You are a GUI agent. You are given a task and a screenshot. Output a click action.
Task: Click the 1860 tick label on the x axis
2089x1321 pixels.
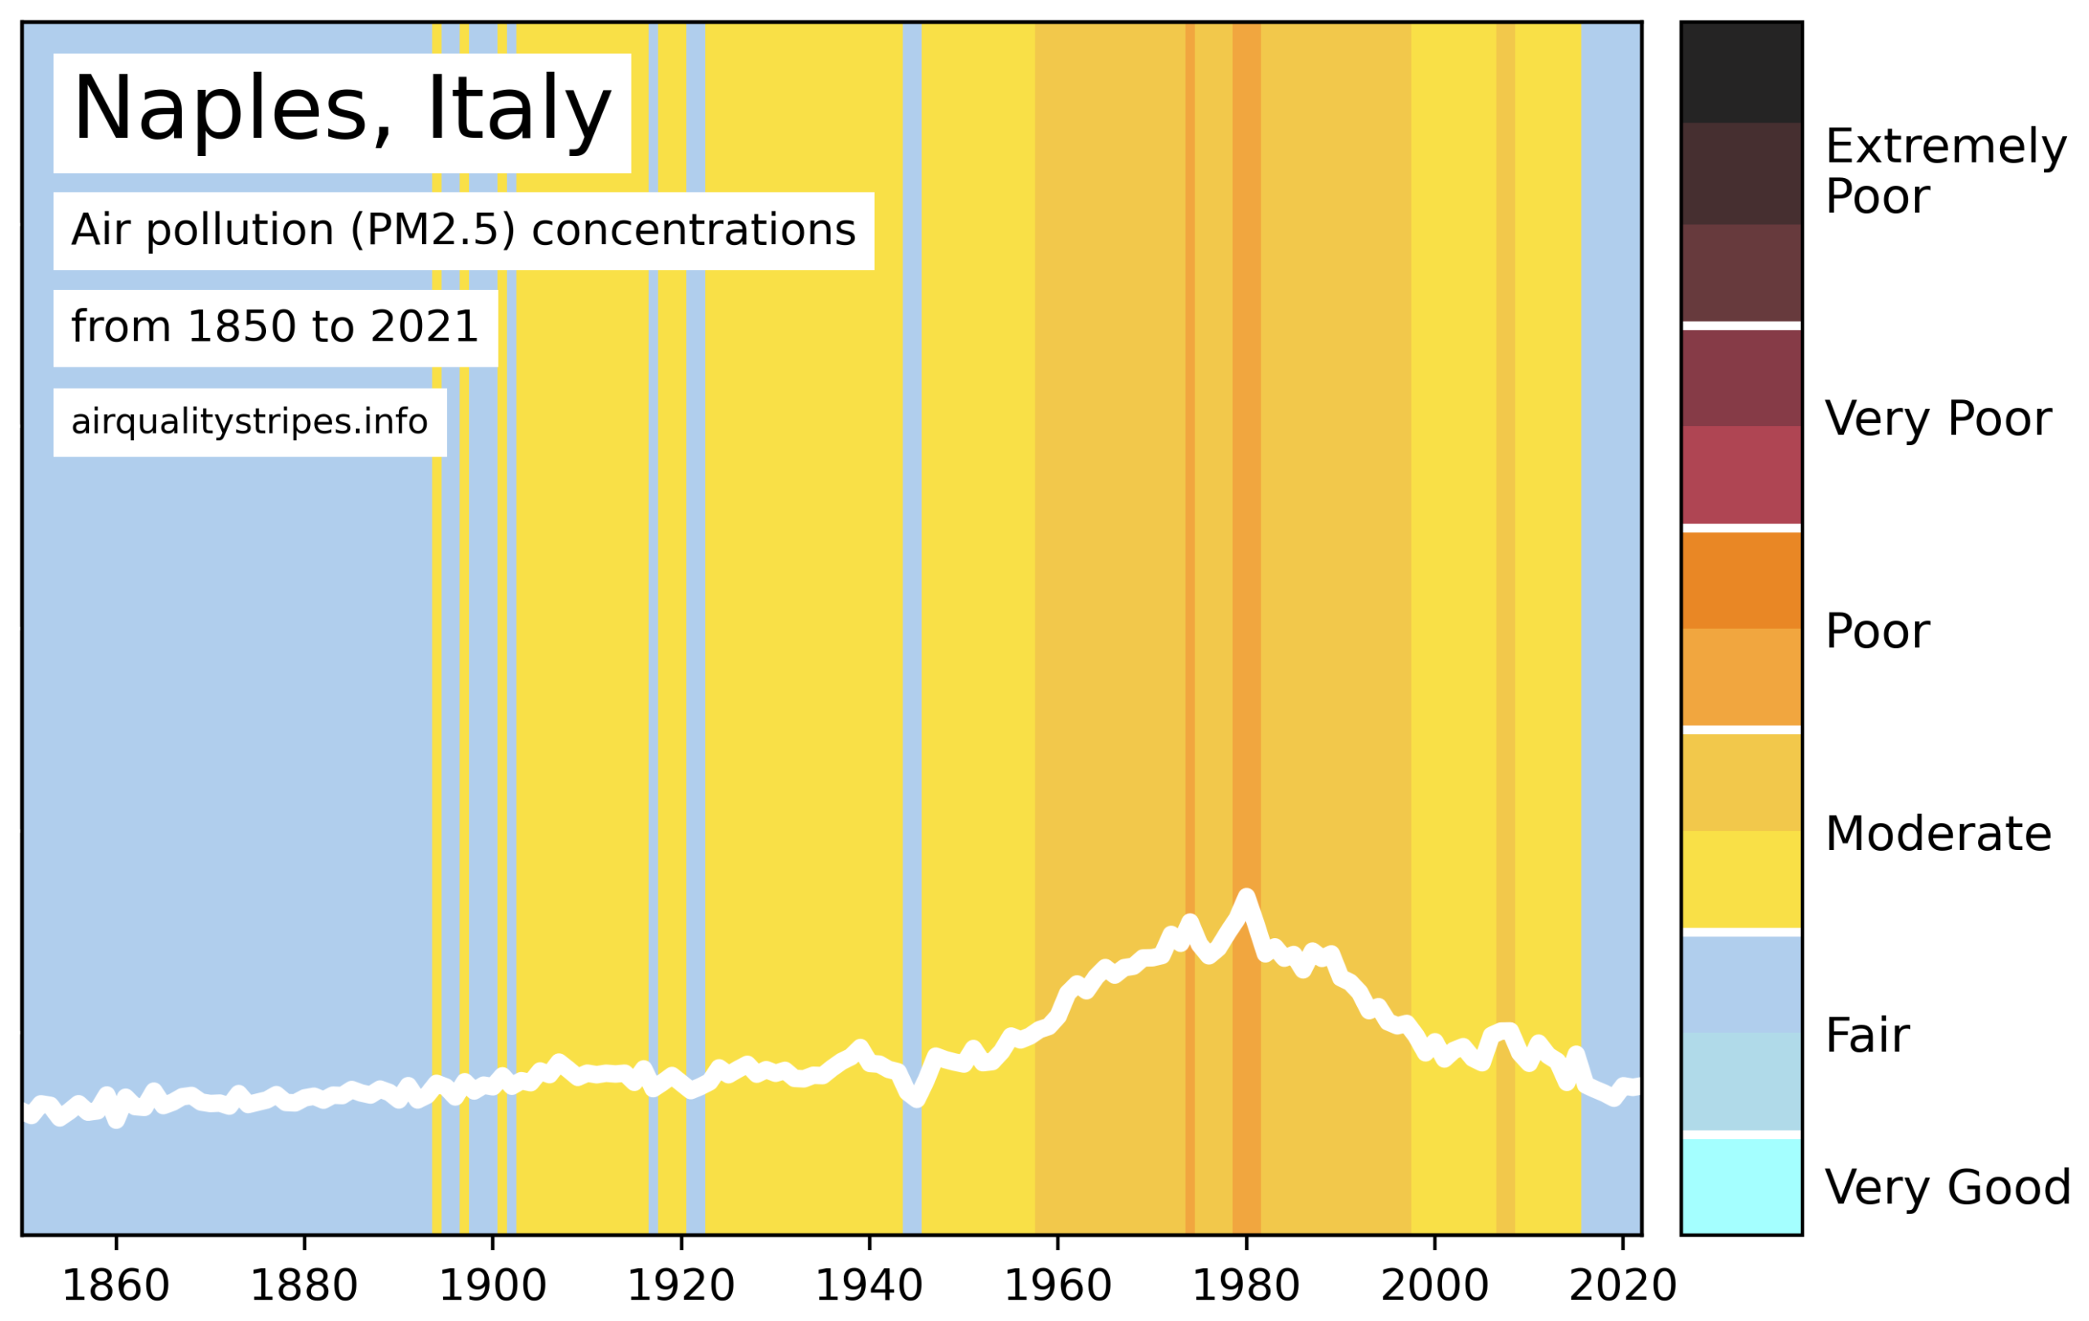point(115,1285)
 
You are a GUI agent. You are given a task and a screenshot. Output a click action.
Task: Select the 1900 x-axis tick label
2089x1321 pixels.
point(493,1285)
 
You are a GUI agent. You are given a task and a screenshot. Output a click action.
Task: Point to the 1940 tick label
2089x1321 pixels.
point(869,1285)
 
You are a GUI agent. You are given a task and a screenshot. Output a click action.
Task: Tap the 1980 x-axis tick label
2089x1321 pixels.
point(1246,1285)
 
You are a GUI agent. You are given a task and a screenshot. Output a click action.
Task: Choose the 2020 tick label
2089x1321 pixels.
point(1622,1285)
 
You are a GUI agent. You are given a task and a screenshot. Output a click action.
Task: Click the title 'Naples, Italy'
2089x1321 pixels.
point(342,111)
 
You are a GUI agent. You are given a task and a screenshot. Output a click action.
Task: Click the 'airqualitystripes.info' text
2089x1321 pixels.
point(250,422)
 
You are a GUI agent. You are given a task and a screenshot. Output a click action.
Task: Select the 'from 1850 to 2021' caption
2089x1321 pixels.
point(275,327)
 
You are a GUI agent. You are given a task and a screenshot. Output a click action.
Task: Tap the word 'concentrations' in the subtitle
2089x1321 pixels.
point(693,230)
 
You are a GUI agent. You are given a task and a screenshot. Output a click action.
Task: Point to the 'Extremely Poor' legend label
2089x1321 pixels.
point(1945,171)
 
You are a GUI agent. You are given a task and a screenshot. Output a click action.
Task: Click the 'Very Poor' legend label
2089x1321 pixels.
point(1937,419)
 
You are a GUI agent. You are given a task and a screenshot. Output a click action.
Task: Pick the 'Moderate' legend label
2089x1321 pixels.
point(1937,834)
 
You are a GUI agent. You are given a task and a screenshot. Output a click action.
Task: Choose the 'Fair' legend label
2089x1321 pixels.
point(1867,1035)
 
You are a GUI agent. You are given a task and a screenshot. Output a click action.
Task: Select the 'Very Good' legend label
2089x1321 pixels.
point(1947,1187)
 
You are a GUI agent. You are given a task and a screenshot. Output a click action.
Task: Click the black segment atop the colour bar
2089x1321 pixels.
point(1741,72)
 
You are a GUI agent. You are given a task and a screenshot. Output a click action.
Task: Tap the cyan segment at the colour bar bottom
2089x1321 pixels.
point(1741,1185)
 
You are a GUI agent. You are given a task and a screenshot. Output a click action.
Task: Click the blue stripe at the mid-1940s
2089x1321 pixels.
point(911,607)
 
